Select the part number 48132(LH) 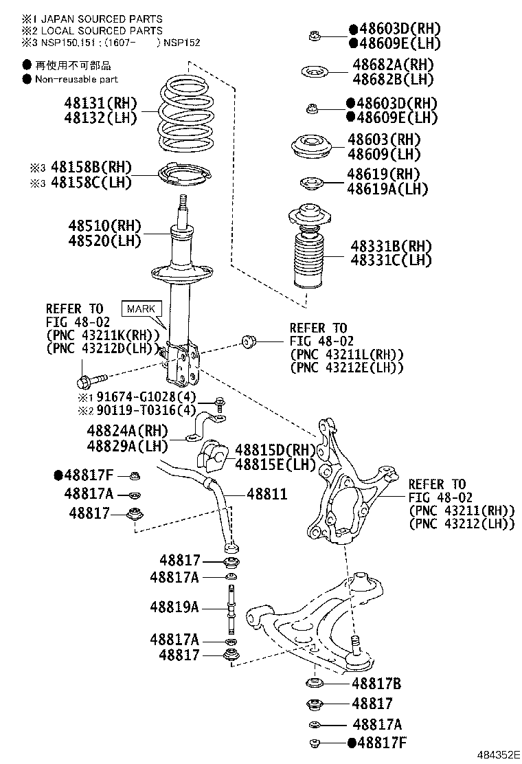tap(101, 117)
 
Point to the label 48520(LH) tap(104, 241)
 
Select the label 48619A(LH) tap(387, 189)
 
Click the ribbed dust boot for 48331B tap(309, 260)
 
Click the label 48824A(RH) tap(127, 431)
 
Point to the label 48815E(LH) tap(275, 464)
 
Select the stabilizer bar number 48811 tap(266, 494)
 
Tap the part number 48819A tap(174, 607)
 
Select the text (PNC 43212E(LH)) tap(346, 368)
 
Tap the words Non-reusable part tap(76, 80)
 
